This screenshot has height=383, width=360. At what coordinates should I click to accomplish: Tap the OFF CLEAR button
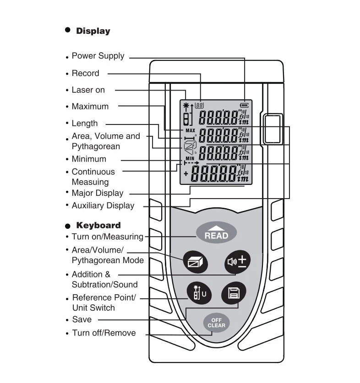[217, 323]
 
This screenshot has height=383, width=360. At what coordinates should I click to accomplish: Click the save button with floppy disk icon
[234, 293]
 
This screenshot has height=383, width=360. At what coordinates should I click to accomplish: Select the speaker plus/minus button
[237, 262]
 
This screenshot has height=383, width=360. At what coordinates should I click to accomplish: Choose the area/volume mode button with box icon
[196, 262]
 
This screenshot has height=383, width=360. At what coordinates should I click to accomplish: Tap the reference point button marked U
[199, 293]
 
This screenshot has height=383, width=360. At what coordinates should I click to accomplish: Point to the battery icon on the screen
[244, 105]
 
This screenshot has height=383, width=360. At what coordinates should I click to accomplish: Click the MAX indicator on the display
[190, 130]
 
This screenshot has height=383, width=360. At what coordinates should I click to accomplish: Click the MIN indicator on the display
[190, 158]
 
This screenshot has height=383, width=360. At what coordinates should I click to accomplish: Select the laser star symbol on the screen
[186, 106]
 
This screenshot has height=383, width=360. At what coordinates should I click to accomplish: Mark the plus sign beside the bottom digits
[186, 174]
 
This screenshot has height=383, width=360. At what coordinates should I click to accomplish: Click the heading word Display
[93, 31]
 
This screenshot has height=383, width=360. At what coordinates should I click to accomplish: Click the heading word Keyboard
[98, 225]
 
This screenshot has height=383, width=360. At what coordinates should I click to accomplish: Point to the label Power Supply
[98, 56]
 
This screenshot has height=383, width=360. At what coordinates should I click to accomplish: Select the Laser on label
[88, 90]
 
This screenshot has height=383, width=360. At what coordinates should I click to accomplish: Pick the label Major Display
[98, 193]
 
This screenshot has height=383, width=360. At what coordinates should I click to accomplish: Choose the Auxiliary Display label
[103, 205]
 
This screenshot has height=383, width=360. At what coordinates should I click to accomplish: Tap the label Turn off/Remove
[104, 333]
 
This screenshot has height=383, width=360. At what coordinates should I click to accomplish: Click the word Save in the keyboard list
[82, 319]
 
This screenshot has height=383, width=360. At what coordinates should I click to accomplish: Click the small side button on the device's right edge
[273, 129]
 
